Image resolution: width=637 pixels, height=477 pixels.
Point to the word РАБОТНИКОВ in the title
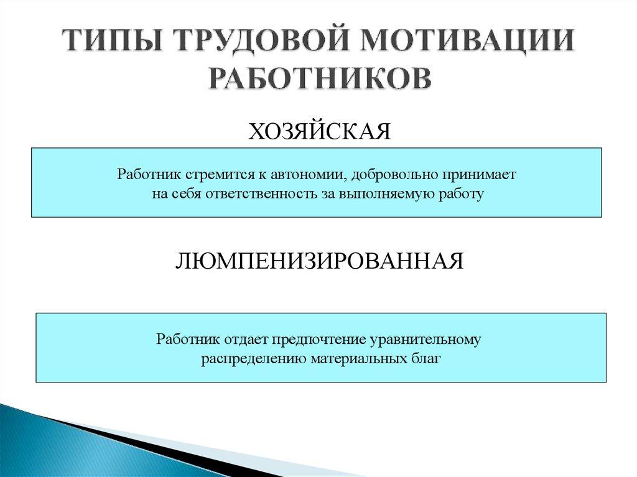coord(318,78)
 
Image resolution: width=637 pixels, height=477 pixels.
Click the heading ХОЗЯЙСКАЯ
coord(319,132)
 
